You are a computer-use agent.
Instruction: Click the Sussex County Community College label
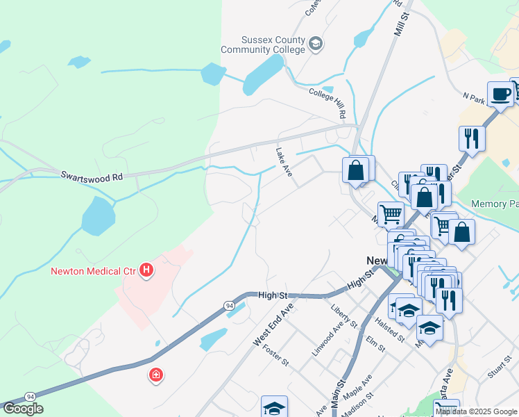click(263, 45)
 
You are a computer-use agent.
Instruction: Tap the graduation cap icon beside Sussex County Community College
click(316, 44)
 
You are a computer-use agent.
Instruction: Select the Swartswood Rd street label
click(91, 177)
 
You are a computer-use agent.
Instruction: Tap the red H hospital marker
click(146, 270)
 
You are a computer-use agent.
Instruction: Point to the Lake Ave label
click(284, 161)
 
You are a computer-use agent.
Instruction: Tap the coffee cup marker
click(500, 93)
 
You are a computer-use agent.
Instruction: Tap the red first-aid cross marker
click(156, 375)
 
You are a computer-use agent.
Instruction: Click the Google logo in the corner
click(23, 408)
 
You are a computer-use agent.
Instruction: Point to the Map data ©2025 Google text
click(476, 411)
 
